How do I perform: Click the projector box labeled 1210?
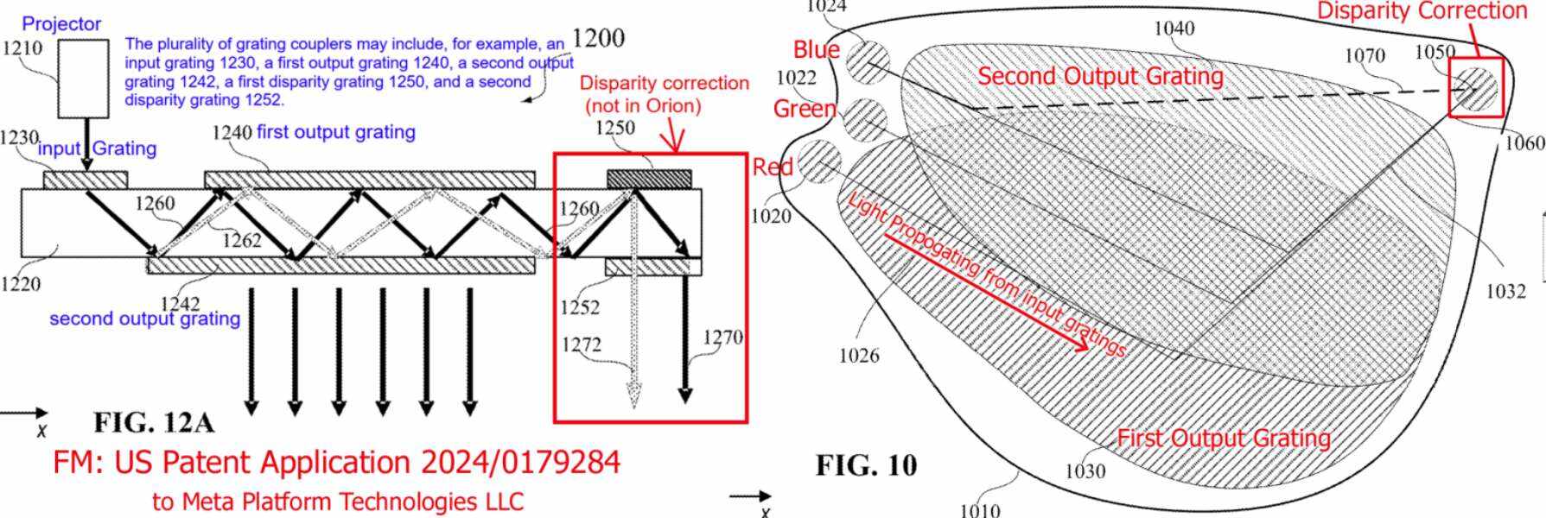coord(83,79)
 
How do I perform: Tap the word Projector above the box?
coord(61,24)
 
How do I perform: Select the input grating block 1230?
coord(86,180)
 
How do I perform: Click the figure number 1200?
coord(598,38)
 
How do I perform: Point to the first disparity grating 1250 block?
coord(649,179)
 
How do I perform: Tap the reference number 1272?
coord(582,345)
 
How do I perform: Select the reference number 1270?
coord(722,338)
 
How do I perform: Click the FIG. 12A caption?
coord(154,422)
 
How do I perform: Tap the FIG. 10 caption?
coord(866,466)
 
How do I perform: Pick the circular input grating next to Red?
coord(819,162)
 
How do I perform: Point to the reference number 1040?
coord(1174,28)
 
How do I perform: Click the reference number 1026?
coord(859,356)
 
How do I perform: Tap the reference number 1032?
coord(1505,292)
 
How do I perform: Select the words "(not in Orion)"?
coord(644,106)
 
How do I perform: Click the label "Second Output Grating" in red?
coord(1100,77)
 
